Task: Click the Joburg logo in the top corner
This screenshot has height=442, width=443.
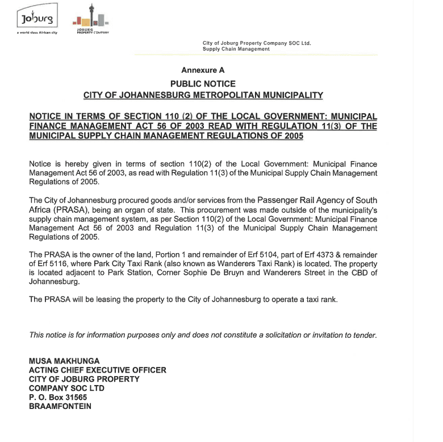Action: pos(37,19)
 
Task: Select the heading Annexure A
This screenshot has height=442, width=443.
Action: pos(203,71)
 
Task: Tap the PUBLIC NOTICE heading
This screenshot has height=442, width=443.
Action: pos(203,84)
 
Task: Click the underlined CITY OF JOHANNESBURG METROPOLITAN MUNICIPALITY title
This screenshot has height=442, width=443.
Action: pos(203,95)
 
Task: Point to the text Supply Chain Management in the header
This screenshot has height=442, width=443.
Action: pos(236,49)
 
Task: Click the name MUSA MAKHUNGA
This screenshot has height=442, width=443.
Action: pos(64,361)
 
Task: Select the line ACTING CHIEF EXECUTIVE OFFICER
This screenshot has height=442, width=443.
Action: pos(97,370)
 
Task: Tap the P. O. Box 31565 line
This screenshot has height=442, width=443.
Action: pos(58,398)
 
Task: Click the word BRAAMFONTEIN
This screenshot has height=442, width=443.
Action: pos(60,407)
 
